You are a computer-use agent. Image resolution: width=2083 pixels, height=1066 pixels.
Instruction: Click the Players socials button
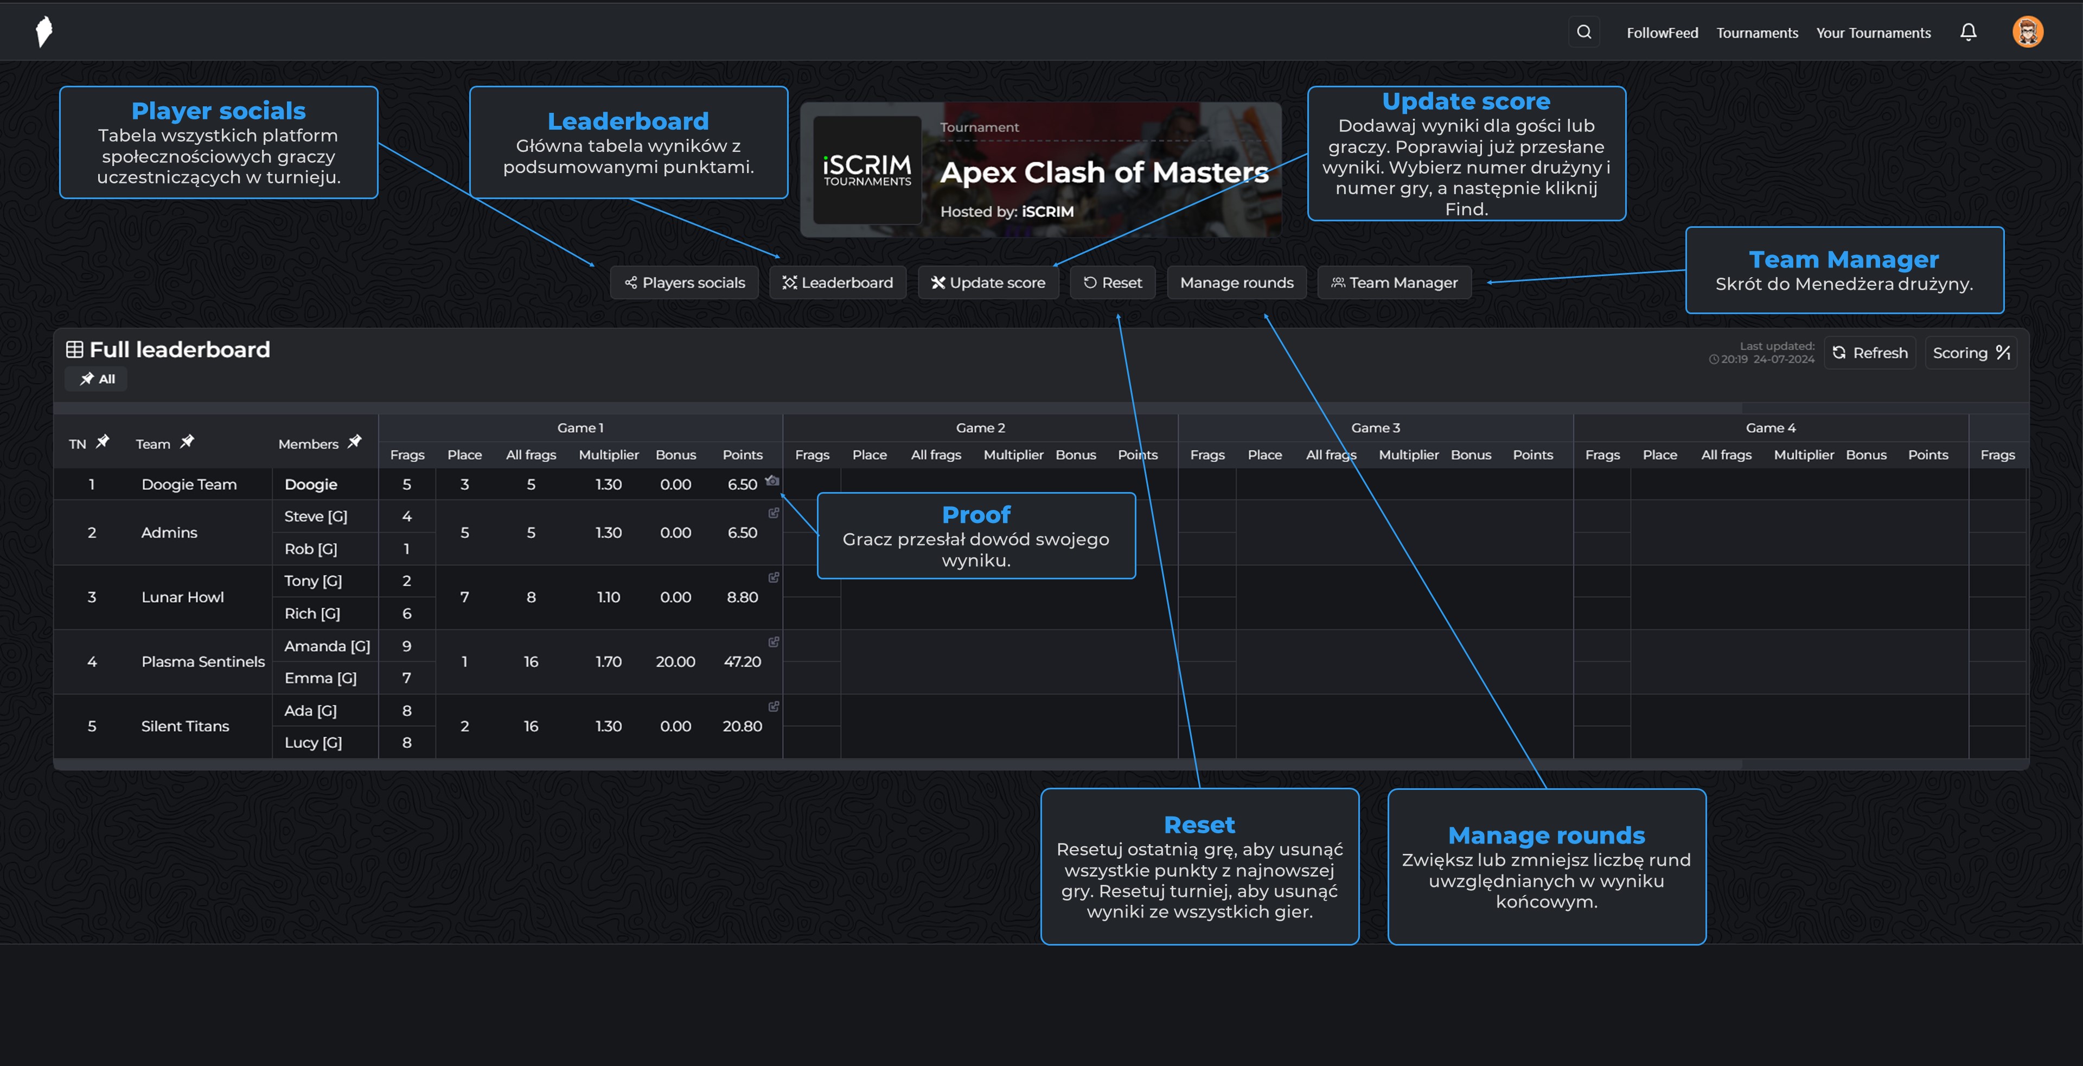(x=684, y=282)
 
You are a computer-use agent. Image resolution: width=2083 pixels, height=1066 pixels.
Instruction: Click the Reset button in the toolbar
(x=1113, y=282)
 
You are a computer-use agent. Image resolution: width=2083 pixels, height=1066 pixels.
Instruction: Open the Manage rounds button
(x=1236, y=282)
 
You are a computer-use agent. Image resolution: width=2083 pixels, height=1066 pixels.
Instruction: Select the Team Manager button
(x=1394, y=282)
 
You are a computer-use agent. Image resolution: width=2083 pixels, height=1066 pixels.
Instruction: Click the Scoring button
(x=1971, y=353)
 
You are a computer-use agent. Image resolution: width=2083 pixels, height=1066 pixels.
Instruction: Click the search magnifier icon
(x=1584, y=33)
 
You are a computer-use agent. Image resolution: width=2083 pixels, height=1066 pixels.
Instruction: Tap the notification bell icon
(x=1968, y=33)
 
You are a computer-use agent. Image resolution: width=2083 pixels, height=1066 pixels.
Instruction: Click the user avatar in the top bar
(x=2027, y=33)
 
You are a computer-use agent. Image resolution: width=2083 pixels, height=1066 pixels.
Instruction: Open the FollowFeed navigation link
(x=1662, y=33)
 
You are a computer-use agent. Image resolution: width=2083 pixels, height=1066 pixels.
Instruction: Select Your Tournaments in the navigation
(x=1873, y=33)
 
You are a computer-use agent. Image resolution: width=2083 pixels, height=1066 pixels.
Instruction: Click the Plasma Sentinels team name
(x=203, y=662)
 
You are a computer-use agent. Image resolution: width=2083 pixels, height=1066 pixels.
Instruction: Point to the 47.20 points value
(x=742, y=662)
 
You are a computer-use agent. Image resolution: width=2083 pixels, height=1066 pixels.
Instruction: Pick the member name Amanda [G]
(x=327, y=646)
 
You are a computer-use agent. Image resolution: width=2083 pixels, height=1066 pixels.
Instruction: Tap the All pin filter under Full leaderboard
(x=97, y=379)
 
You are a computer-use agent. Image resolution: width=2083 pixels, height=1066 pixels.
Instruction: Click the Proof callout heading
(x=976, y=514)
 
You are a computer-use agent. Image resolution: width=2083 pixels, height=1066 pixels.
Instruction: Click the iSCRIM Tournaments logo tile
(x=867, y=170)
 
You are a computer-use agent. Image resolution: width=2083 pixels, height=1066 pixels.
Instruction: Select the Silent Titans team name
(x=185, y=726)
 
